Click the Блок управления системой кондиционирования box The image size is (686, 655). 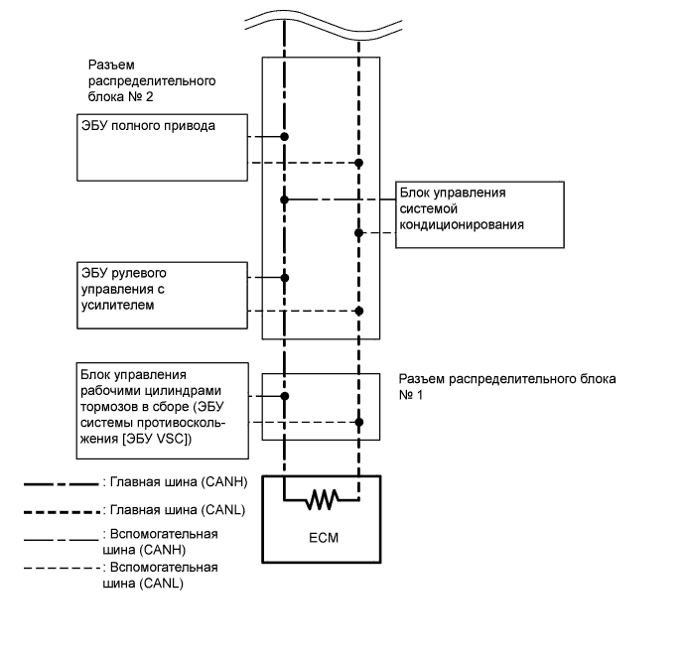pyautogui.click(x=480, y=210)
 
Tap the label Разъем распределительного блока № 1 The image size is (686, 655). pyautogui.click(x=506, y=386)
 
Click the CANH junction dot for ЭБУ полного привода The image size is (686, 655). pyautogui.click(x=285, y=136)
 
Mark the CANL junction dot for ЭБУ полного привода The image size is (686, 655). pyautogui.click(x=359, y=162)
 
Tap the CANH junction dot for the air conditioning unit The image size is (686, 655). pyautogui.click(x=285, y=199)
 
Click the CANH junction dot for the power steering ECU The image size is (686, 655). pyautogui.click(x=285, y=278)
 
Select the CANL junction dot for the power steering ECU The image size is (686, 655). pyautogui.click(x=359, y=311)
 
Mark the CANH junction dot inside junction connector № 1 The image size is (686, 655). pyautogui.click(x=285, y=396)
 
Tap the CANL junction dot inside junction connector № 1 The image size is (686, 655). pyautogui.click(x=359, y=422)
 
